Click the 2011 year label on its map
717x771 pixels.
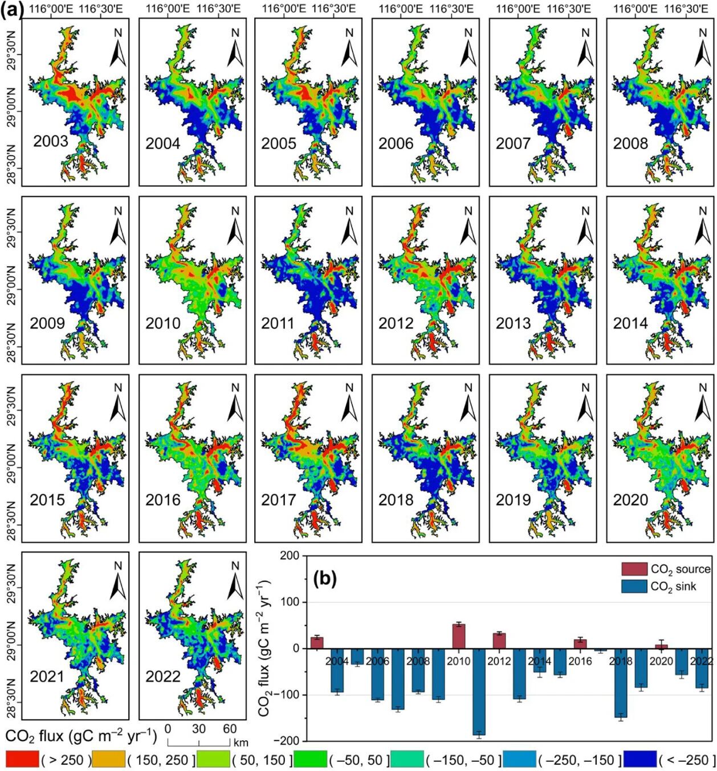[x=279, y=323]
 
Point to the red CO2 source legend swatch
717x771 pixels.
[x=634, y=569]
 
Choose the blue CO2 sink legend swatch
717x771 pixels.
[x=634, y=586]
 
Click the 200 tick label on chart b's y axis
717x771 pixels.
[x=290, y=556]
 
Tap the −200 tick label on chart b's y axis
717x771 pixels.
[x=286, y=741]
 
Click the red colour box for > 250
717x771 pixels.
[x=22, y=759]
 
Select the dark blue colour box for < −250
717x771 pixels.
[x=639, y=759]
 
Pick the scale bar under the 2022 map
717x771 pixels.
[x=199, y=741]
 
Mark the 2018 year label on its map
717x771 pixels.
[x=396, y=500]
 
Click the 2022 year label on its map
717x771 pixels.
[x=163, y=676]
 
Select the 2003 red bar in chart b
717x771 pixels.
[x=317, y=643]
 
